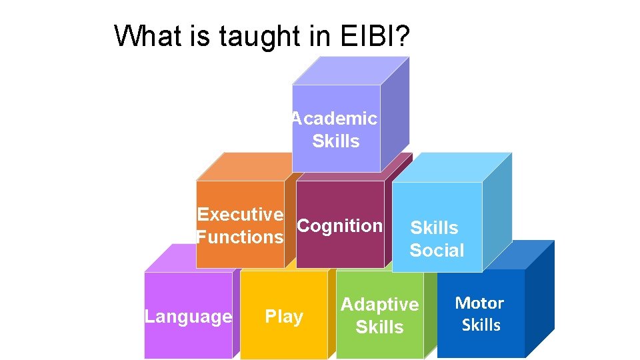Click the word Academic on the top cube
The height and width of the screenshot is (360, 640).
334,119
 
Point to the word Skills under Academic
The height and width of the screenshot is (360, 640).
336,141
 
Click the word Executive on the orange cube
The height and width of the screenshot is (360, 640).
240,214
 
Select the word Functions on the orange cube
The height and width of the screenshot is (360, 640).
240,237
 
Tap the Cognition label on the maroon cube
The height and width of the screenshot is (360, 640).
339,226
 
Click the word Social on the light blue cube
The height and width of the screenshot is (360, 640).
437,251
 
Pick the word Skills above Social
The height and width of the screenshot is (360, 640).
434,228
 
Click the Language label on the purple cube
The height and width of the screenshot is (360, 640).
188,317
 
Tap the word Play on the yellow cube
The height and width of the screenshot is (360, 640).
284,317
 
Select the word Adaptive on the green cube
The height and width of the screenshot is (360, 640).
379,305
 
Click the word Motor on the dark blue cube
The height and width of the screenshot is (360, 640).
479,303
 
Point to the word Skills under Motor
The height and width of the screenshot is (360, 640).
481,325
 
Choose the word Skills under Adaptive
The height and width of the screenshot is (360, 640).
379,327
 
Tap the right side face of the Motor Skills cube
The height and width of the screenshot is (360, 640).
539,300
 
